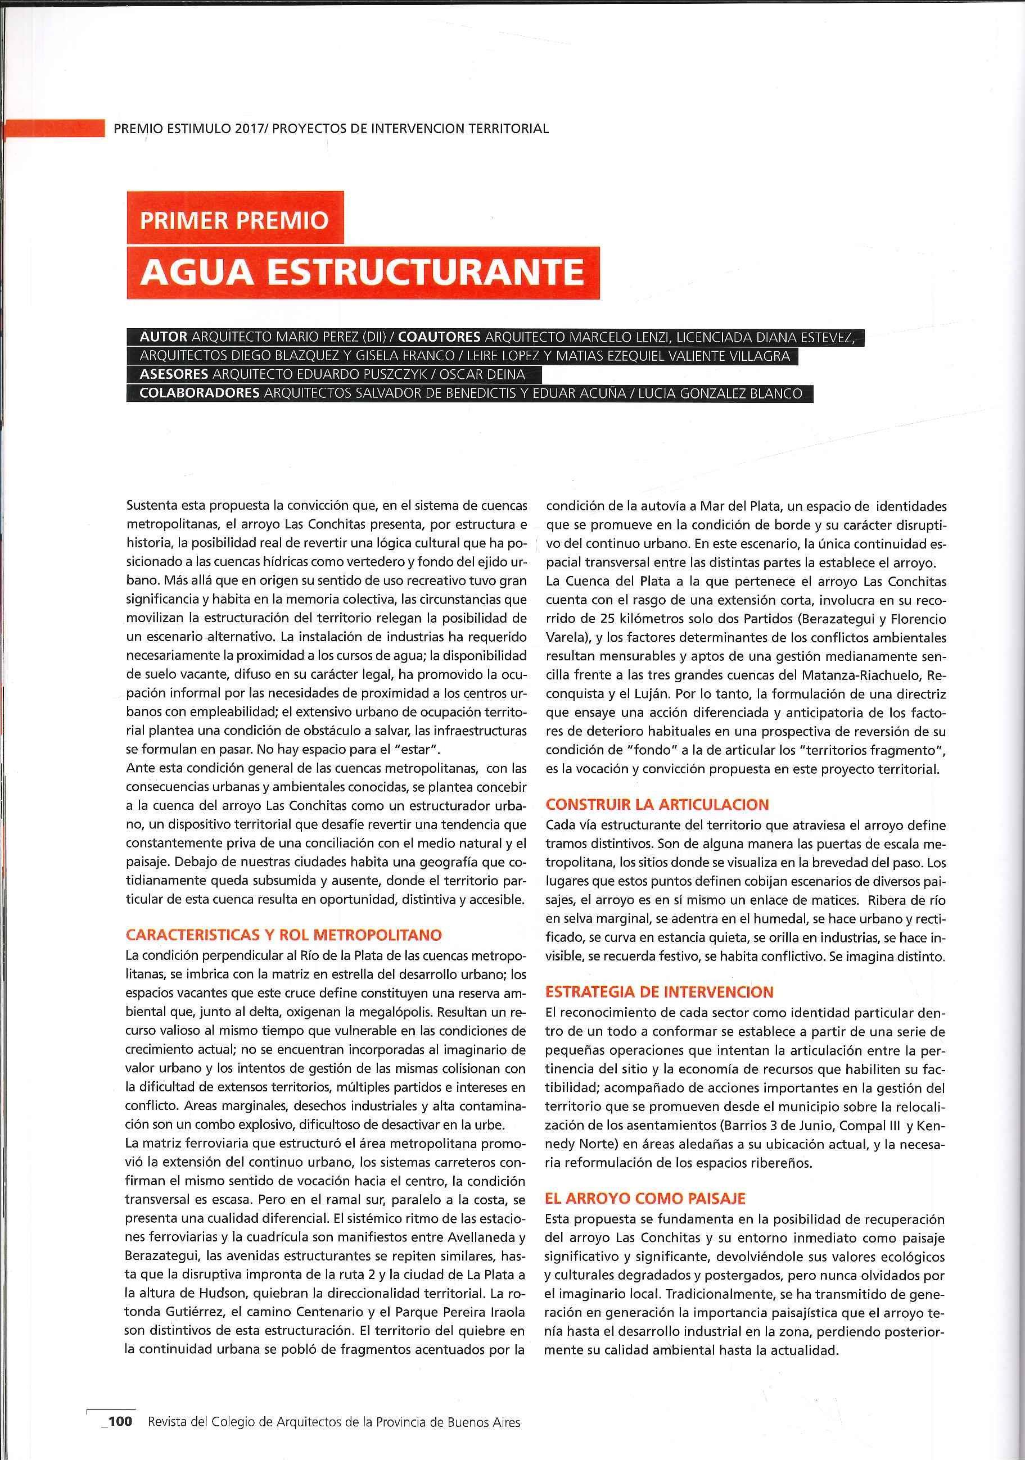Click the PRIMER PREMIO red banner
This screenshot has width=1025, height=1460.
coord(235,220)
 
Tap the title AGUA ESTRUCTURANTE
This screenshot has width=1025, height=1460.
coord(362,271)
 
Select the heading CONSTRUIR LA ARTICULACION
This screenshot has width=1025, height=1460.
coord(657,804)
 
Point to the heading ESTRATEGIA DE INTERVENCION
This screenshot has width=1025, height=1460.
coord(659,991)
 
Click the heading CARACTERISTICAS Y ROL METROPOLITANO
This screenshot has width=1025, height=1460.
coord(284,935)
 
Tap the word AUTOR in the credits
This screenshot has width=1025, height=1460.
coord(164,337)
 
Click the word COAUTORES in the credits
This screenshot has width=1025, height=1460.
coord(439,337)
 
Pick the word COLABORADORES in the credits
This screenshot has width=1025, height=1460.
coord(199,393)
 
